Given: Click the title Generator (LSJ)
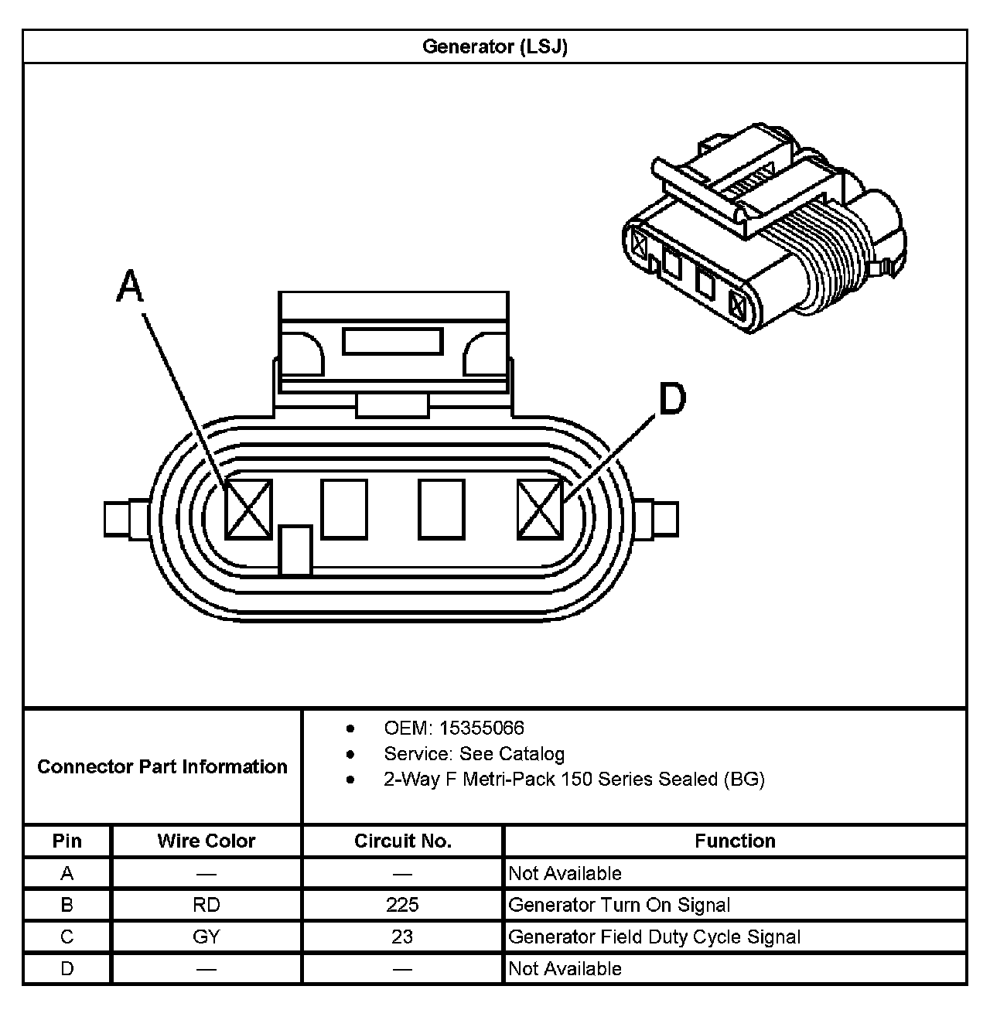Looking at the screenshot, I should pyautogui.click(x=495, y=46).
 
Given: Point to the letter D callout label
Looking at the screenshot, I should pyautogui.click(x=671, y=399).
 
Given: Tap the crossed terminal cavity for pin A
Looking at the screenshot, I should pyautogui.click(x=248, y=509).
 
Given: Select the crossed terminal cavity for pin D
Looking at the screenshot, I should pyautogui.click(x=540, y=509).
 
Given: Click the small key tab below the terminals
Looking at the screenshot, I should pyautogui.click(x=295, y=550).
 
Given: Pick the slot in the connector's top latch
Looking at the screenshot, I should pyautogui.click(x=393, y=341).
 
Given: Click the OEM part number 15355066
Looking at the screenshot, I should pyautogui.click(x=481, y=728).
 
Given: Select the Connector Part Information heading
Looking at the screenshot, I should pyautogui.click(x=162, y=766).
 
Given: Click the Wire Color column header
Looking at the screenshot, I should pyautogui.click(x=207, y=841).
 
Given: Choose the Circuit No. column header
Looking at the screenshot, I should pyautogui.click(x=402, y=841).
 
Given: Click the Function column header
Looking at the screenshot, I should pyautogui.click(x=735, y=841).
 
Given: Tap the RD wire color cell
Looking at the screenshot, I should pyautogui.click(x=207, y=905).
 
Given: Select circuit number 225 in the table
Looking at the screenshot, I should pyautogui.click(x=402, y=905).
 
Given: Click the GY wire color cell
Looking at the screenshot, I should pyautogui.click(x=207, y=937).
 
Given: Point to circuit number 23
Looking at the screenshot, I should pyautogui.click(x=402, y=937).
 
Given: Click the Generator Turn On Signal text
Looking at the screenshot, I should pyautogui.click(x=619, y=905).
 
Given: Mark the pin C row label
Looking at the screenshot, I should pyautogui.click(x=67, y=937).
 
